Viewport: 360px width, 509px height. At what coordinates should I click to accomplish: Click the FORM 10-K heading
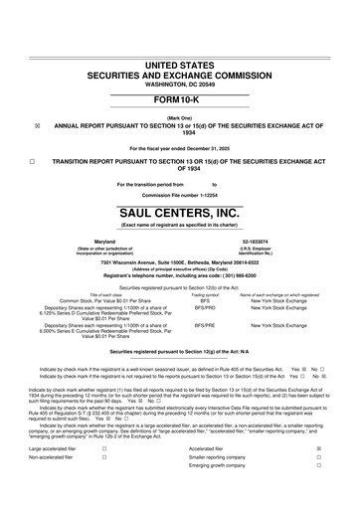tap(179, 103)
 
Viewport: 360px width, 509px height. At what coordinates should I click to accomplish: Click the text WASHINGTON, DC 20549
tap(179, 83)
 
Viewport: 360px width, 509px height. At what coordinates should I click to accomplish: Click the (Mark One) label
tap(179, 117)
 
